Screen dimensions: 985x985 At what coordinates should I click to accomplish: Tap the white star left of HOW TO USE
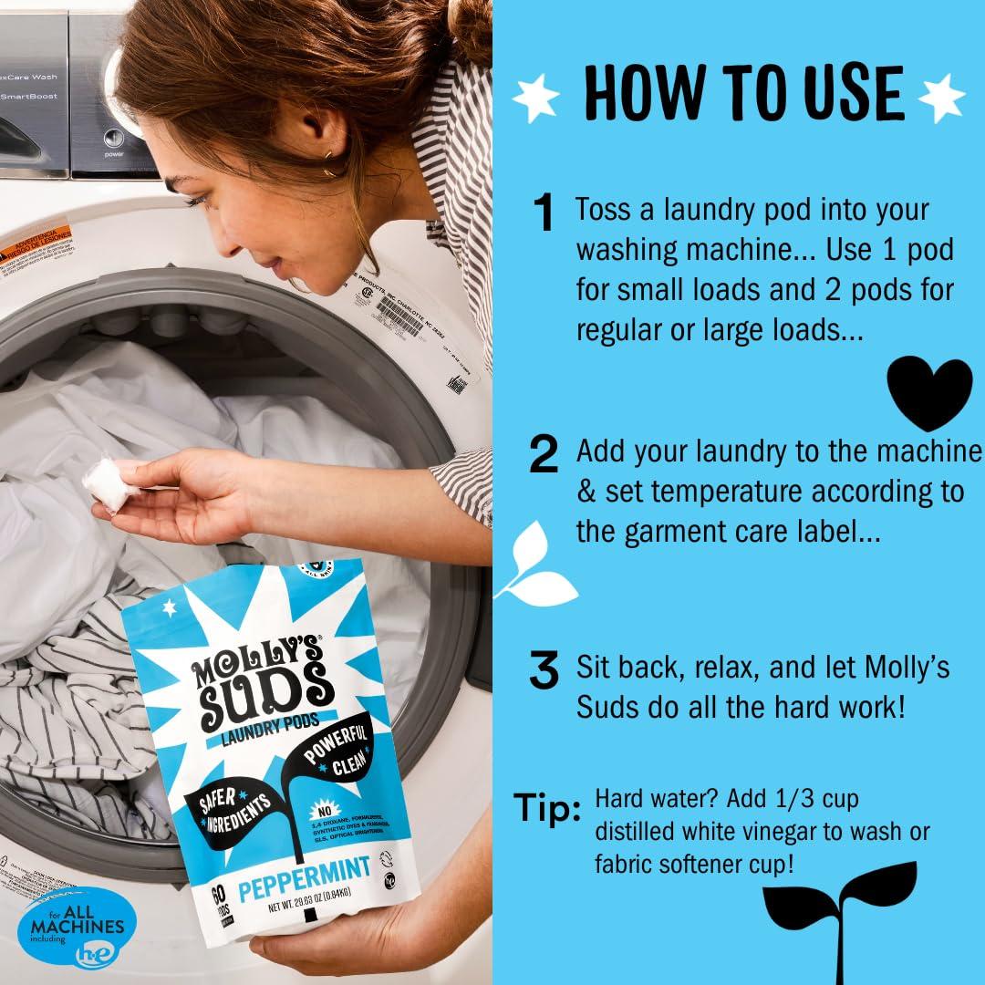[x=536, y=94]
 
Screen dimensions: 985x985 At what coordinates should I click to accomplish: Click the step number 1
[x=544, y=215]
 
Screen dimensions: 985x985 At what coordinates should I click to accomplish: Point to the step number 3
[x=544, y=672]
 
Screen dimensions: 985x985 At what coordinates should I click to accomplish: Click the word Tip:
[x=548, y=807]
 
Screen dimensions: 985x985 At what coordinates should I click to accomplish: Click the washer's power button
[x=114, y=140]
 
